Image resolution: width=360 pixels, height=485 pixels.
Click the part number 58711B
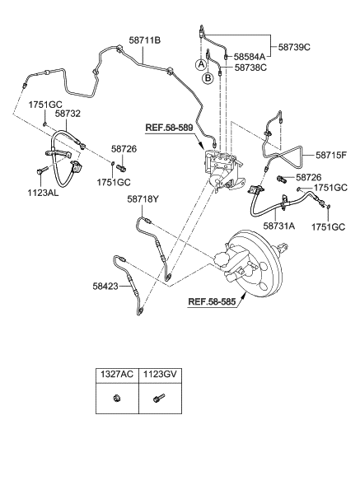(x=144, y=40)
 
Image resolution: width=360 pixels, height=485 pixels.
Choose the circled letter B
(x=208, y=77)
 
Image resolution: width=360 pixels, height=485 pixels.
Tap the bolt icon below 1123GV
(x=158, y=398)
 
